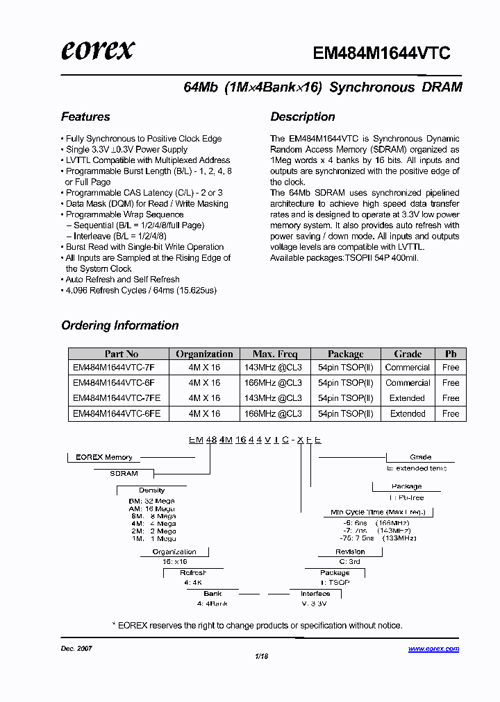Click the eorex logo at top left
[98, 50]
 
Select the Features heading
[85, 117]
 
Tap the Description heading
[303, 117]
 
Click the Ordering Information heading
[120, 325]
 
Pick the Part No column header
[121, 354]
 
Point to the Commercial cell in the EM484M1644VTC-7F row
[408, 368]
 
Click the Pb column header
[451, 354]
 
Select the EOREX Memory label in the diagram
[104, 457]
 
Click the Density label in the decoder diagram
[151, 490]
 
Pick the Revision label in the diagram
[350, 552]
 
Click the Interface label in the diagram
[315, 594]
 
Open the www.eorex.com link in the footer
[433, 649]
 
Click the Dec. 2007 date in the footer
[77, 648]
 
